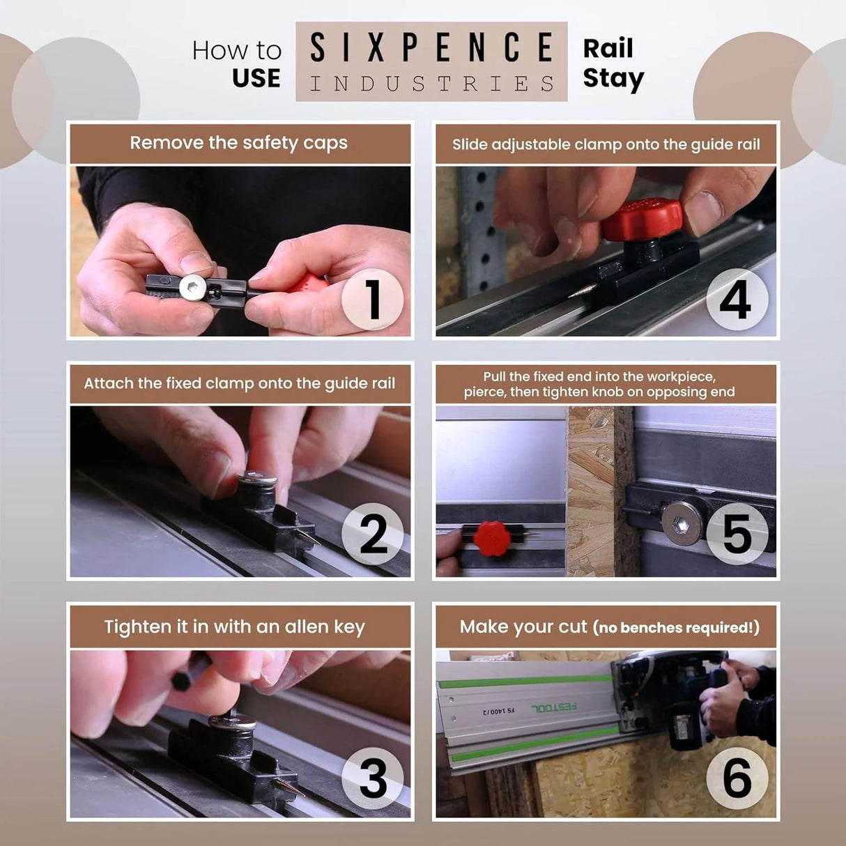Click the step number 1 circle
coord(372,300)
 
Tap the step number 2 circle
coord(372,534)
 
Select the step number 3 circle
coord(372,778)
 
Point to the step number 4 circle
coord(737,300)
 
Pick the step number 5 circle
coord(737,534)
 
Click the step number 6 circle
coord(737,778)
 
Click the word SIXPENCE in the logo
coord(431,47)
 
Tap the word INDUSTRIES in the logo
coord(431,84)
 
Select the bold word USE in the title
coord(256,78)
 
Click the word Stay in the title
coord(613,78)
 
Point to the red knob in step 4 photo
coord(642,220)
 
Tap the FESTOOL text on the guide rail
coord(554,707)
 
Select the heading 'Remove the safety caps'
coord(238,143)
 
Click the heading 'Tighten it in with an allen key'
coord(234,626)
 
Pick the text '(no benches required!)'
coord(675,628)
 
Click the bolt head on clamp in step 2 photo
coord(257,480)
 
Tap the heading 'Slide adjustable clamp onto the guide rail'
coord(606,144)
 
